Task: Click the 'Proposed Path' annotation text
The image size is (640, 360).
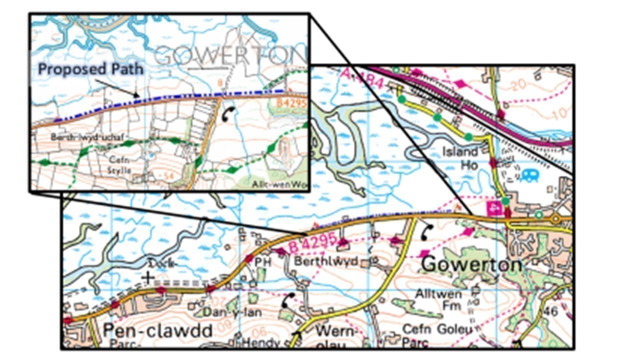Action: [x=90, y=69]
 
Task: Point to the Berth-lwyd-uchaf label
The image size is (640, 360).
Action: [x=89, y=137]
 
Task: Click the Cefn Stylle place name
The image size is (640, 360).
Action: [x=120, y=165]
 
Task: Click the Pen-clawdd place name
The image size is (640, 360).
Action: [x=157, y=330]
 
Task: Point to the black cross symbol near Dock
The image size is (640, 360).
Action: [x=147, y=276]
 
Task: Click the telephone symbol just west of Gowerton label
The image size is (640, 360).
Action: [x=427, y=232]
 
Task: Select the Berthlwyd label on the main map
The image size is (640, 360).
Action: [x=325, y=261]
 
